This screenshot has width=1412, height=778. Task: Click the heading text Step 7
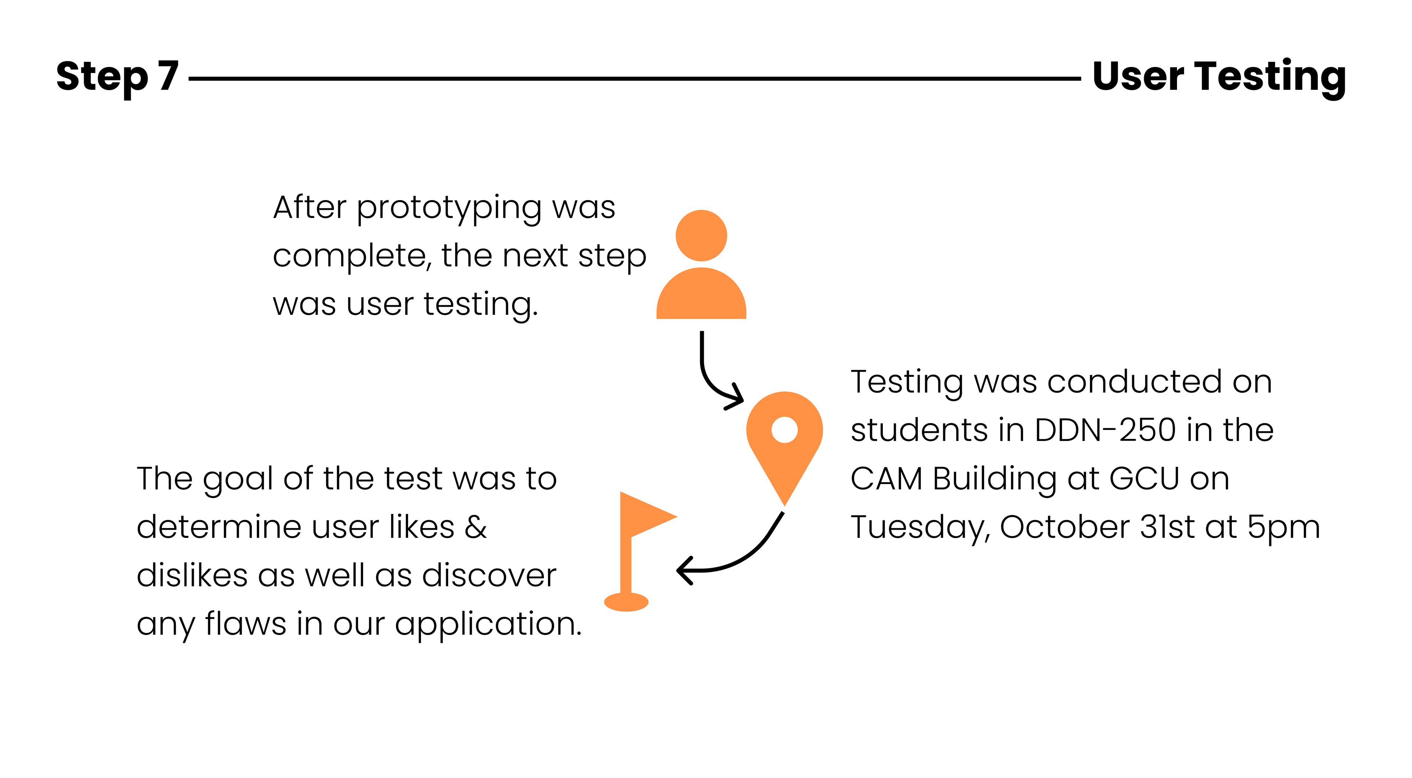pos(117,77)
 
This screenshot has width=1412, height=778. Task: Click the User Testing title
pos(1219,77)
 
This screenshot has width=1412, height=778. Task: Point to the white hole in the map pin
pos(784,430)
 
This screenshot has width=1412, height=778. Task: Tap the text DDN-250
pos(1105,430)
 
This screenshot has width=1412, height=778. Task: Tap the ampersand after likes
pos(476,527)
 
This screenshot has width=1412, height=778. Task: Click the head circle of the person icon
pos(701,236)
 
